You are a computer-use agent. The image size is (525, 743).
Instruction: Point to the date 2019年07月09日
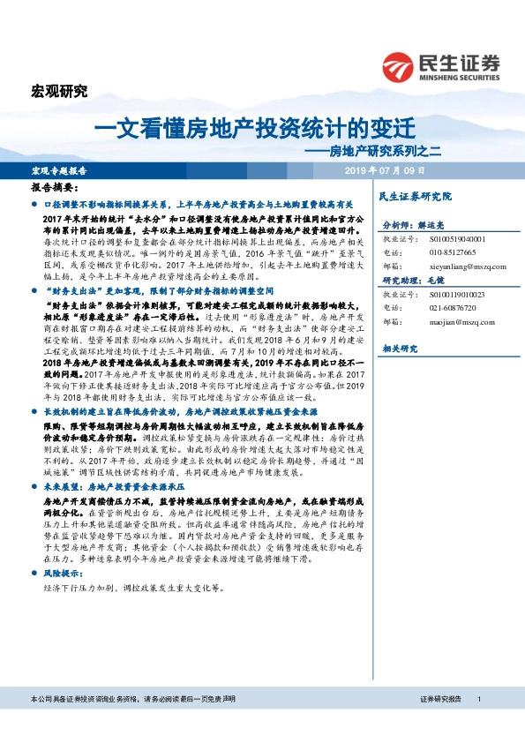tap(384, 169)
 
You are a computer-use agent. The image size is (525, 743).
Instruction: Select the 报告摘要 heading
tap(55, 188)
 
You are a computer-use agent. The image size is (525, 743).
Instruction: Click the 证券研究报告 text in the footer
tap(441, 723)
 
